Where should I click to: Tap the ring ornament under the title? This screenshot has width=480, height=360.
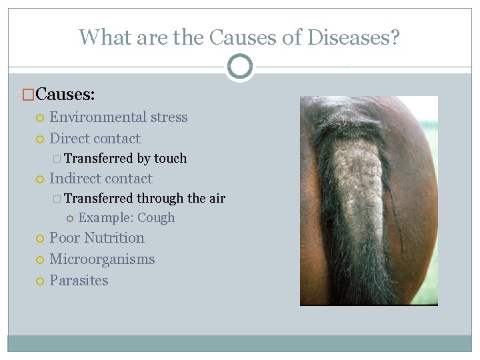240,67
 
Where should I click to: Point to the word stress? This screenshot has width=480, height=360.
169,117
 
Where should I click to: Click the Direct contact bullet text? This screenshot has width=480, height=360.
95,139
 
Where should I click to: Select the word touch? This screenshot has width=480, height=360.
171,159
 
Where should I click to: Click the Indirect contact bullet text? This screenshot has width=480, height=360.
101,179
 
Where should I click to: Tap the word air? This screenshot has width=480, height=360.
217,199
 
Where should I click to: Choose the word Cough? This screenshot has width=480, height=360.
156,218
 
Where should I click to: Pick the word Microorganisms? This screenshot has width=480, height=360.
102,259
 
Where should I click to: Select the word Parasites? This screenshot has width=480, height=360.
79,281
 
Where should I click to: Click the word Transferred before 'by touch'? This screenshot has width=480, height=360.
99,159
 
